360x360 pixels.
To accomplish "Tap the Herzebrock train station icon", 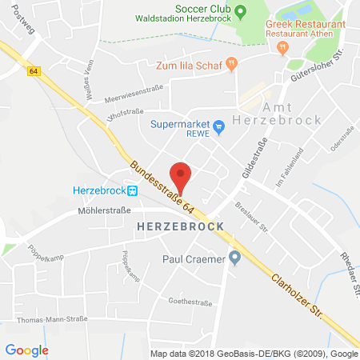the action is pyautogui.click(x=133, y=191).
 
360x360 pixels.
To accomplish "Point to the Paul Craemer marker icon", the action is pyautogui.click(x=234, y=258).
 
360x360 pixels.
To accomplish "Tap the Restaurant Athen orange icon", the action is pyautogui.click(x=282, y=48).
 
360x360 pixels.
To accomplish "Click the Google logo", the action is pyautogui.click(x=27, y=349).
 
